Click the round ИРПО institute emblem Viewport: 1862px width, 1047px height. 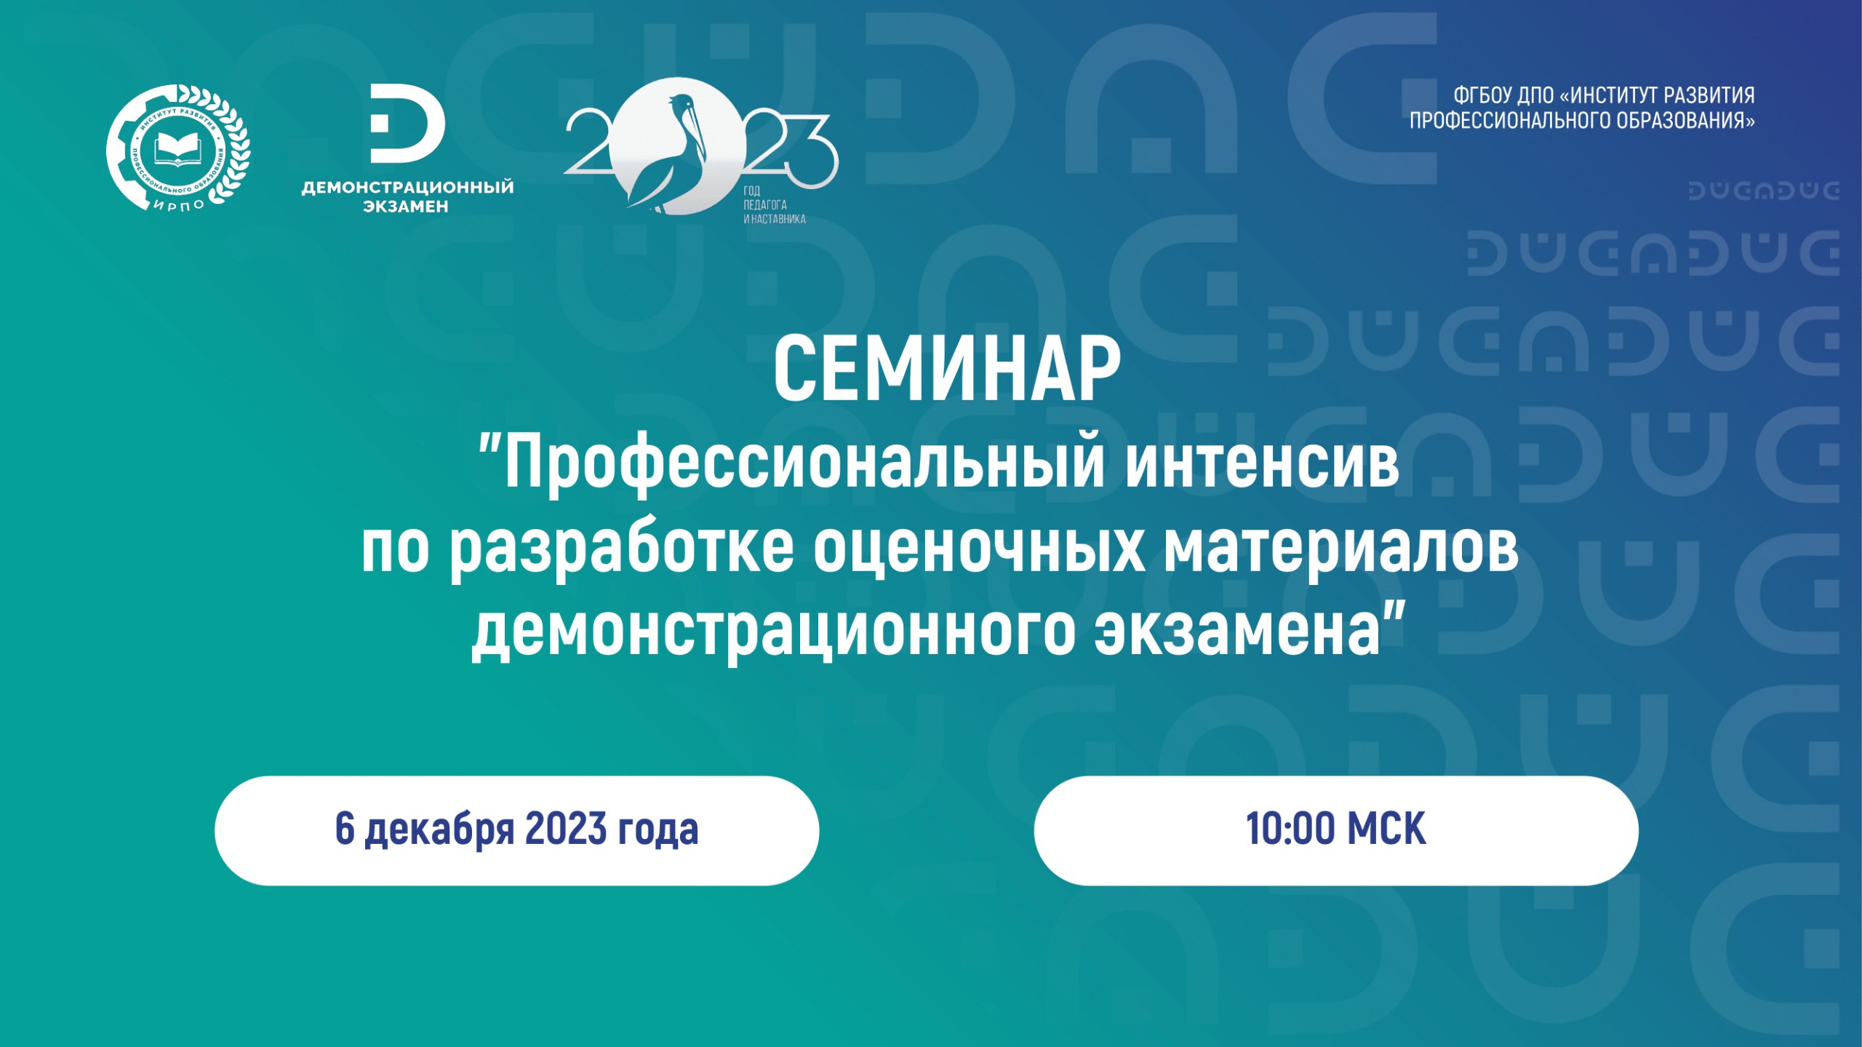[178, 148]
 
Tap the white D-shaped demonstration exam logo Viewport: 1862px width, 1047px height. [407, 123]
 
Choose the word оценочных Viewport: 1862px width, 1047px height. [979, 550]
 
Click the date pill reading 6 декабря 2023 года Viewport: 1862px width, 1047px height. [516, 830]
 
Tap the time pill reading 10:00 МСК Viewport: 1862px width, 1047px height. [1336, 830]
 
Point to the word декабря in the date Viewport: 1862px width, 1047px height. [440, 831]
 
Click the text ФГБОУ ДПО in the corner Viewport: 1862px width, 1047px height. [1503, 95]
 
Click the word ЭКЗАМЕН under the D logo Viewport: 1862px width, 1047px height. [406, 207]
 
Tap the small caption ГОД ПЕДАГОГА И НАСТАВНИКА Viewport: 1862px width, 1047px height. [774, 204]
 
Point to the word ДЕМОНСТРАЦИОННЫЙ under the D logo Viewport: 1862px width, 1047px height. [407, 187]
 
